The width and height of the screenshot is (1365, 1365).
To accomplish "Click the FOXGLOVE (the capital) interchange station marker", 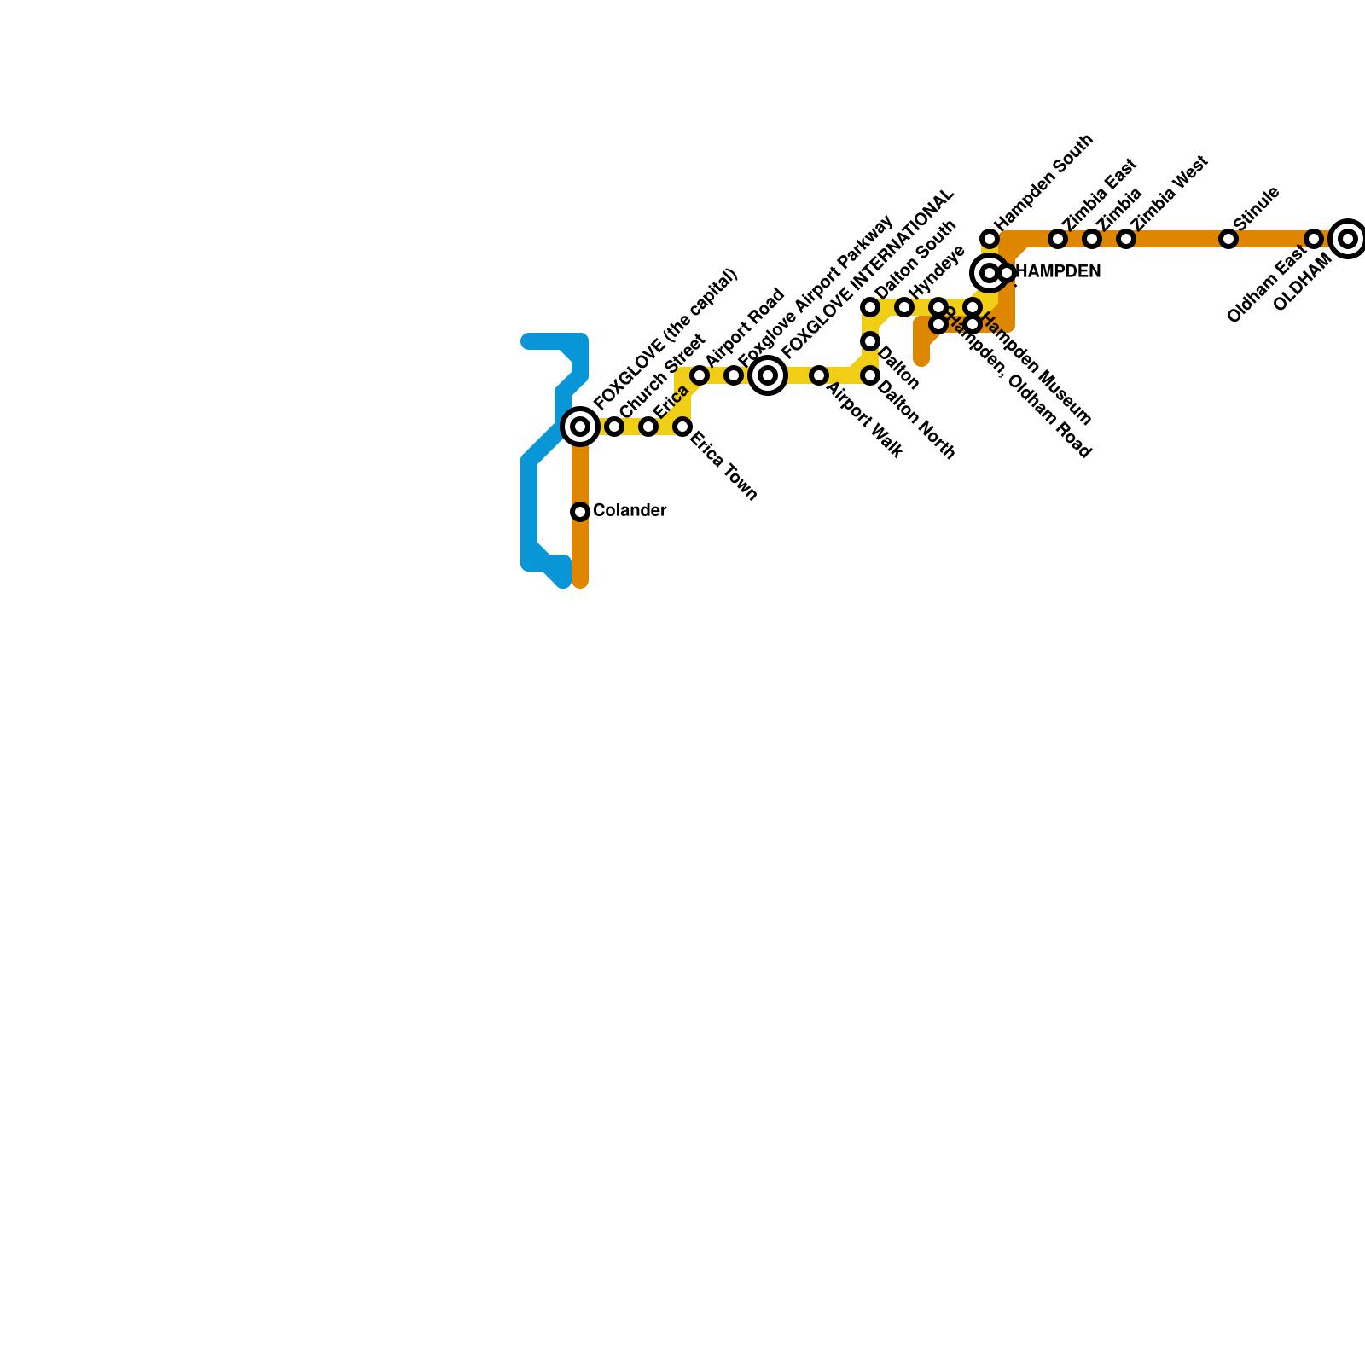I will [x=580, y=427].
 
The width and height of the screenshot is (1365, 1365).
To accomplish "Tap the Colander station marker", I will [x=580, y=512].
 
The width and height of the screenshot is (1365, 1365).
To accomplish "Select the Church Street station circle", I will [x=614, y=427].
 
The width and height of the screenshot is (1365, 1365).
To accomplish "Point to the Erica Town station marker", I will [x=682, y=427].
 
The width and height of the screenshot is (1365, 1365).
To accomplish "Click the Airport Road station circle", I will [x=700, y=375].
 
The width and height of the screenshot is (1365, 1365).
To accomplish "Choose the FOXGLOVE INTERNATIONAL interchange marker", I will [x=768, y=375].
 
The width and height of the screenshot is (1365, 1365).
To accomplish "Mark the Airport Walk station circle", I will [x=819, y=375].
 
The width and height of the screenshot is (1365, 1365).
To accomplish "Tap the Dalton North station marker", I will [x=870, y=375].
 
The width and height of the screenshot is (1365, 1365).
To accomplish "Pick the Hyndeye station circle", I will [x=904, y=307].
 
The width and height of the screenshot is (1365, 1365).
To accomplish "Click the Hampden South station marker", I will [x=990, y=239].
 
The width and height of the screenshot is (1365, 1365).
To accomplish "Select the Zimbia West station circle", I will [x=1126, y=239].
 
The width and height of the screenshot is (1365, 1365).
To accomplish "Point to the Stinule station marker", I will [x=1228, y=239].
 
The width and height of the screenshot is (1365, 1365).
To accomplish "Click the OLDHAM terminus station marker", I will [x=1348, y=239].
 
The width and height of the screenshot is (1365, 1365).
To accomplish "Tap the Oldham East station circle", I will [x=1314, y=239].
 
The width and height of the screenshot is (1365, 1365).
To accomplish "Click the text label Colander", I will [x=630, y=511].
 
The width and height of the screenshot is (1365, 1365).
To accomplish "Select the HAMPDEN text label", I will [x=1060, y=272].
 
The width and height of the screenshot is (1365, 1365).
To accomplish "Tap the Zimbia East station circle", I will [x=1058, y=239].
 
